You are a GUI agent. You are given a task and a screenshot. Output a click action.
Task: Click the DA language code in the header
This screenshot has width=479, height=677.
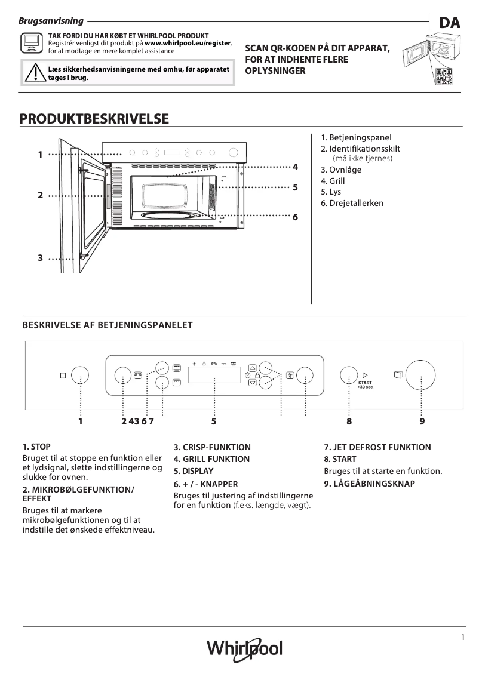click(x=450, y=23)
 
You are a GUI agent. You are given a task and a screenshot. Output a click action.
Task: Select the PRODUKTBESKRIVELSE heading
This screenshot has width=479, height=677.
click(x=94, y=119)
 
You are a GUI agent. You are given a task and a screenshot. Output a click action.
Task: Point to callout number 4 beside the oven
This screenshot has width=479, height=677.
click(x=295, y=165)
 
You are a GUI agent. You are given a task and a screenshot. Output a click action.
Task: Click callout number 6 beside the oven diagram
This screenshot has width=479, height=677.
click(x=295, y=217)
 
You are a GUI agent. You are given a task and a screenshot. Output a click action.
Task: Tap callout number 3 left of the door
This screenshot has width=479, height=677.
click(x=40, y=258)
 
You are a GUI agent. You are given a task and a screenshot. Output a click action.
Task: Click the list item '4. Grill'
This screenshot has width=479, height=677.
click(x=333, y=181)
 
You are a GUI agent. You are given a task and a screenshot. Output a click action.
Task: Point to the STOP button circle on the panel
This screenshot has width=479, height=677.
click(x=80, y=376)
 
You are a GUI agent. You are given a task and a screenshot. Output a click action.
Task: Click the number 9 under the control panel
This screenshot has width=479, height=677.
click(x=422, y=421)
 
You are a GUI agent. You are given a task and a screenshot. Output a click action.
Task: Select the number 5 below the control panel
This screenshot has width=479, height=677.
click(x=213, y=421)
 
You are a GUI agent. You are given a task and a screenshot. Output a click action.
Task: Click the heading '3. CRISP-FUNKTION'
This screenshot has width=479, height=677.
click(x=212, y=447)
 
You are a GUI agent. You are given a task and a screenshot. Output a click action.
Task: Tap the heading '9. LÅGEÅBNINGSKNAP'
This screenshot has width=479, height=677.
click(x=369, y=484)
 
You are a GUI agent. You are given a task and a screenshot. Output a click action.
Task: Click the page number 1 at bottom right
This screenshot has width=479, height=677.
click(x=462, y=637)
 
